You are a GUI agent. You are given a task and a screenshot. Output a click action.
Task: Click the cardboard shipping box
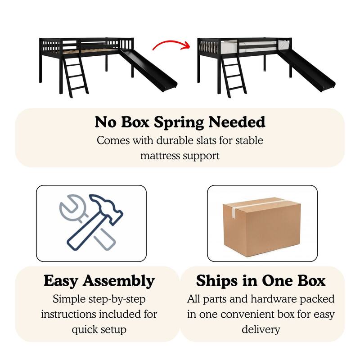(x=261, y=227)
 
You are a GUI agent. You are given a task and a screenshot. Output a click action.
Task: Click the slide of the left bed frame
(x=148, y=70)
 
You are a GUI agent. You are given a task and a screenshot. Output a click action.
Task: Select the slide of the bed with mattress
(x=306, y=70)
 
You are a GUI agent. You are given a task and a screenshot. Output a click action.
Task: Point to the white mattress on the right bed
(x=252, y=47)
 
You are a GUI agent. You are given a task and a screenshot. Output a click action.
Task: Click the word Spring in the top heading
(x=179, y=122)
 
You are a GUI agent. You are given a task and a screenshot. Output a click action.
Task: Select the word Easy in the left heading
(x=61, y=281)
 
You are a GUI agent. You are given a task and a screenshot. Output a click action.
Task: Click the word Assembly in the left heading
(x=119, y=281)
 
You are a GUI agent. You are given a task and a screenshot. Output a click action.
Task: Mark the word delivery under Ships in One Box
(x=261, y=330)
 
